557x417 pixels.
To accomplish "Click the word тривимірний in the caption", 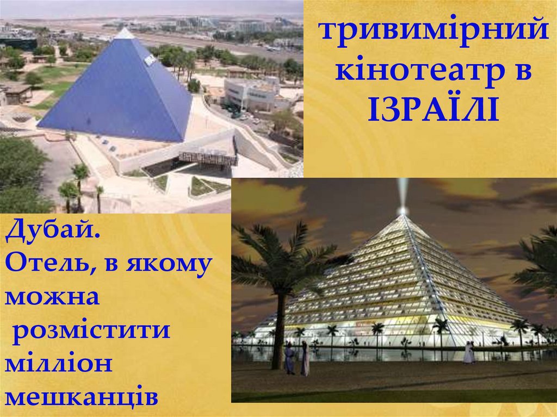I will pos(433,30).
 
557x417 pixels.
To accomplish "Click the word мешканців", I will pos(82,396).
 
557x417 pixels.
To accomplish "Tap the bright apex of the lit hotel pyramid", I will pos(403,210).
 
